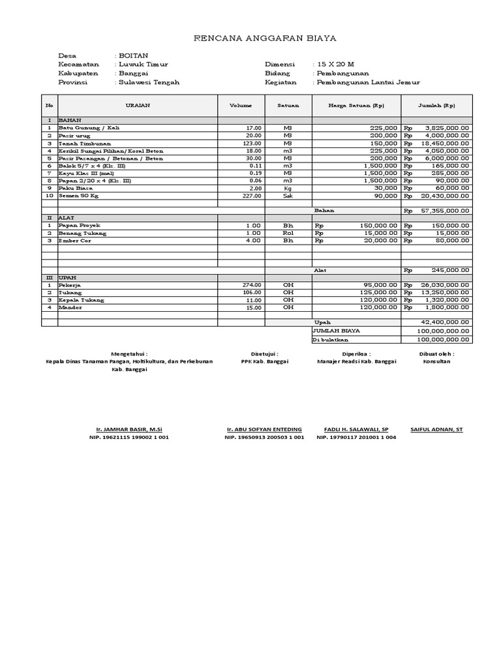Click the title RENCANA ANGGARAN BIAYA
point(266,38)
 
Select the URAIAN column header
point(137,105)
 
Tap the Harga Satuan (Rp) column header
point(356,105)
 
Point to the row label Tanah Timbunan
point(85,143)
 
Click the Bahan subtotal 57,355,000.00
point(447,211)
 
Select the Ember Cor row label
point(73,241)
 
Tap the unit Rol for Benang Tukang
point(288,233)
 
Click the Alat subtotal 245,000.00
point(450,270)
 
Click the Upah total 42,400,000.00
point(446,322)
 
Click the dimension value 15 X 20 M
point(335,65)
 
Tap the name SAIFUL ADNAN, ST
point(436,429)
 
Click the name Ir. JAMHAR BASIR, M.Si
point(129,429)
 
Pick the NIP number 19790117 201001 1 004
point(356,438)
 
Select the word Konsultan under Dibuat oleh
point(436,361)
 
